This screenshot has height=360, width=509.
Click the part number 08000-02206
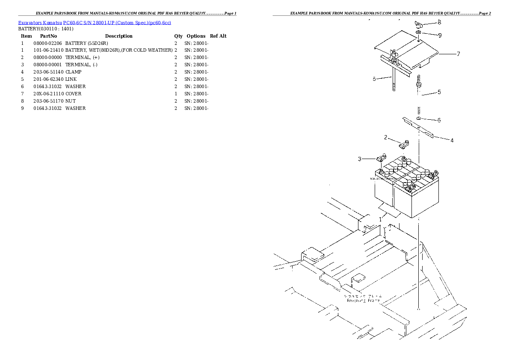(47, 43)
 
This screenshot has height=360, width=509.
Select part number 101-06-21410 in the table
(48, 50)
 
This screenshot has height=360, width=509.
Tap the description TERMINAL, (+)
(83, 58)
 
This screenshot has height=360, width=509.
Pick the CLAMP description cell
(73, 72)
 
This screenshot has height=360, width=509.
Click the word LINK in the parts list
(71, 80)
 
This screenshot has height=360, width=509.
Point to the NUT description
(70, 101)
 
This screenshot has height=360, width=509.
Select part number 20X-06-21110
(48, 94)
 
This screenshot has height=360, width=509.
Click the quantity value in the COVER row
(176, 94)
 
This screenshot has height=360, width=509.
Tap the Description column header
(118, 36)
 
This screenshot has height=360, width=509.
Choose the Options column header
(196, 36)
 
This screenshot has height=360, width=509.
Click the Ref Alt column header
(218, 36)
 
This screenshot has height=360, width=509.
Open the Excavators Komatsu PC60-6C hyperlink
(95, 22)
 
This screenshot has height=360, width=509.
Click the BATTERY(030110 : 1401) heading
(46, 29)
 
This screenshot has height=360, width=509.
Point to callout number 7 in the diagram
(458, 54)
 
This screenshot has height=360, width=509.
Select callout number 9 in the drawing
(440, 35)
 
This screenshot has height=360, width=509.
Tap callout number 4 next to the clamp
(452, 140)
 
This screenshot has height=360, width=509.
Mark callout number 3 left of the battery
(360, 159)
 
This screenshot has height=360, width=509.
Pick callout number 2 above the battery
(385, 137)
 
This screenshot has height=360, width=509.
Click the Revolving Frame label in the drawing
(363, 300)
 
